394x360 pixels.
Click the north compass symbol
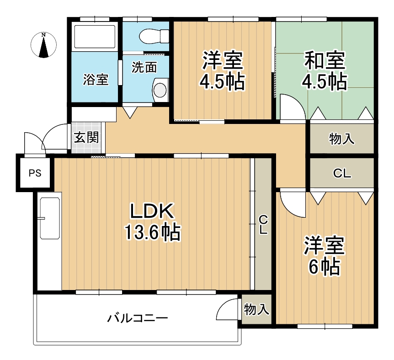44,45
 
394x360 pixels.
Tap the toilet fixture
154,36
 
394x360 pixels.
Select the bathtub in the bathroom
95,37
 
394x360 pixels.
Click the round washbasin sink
160,90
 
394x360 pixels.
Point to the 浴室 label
96,80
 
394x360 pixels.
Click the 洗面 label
144,67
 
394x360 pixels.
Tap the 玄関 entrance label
86,137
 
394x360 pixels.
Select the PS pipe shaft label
35,173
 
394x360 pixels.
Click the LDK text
152,211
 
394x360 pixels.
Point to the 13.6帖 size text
152,232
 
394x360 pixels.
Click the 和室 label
325,60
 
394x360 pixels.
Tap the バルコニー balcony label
138,318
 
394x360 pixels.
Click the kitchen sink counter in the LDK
50,218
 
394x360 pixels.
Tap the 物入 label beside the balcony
256,309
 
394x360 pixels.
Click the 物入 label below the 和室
342,139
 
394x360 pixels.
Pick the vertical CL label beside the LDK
263,225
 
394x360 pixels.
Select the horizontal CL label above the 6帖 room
342,173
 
